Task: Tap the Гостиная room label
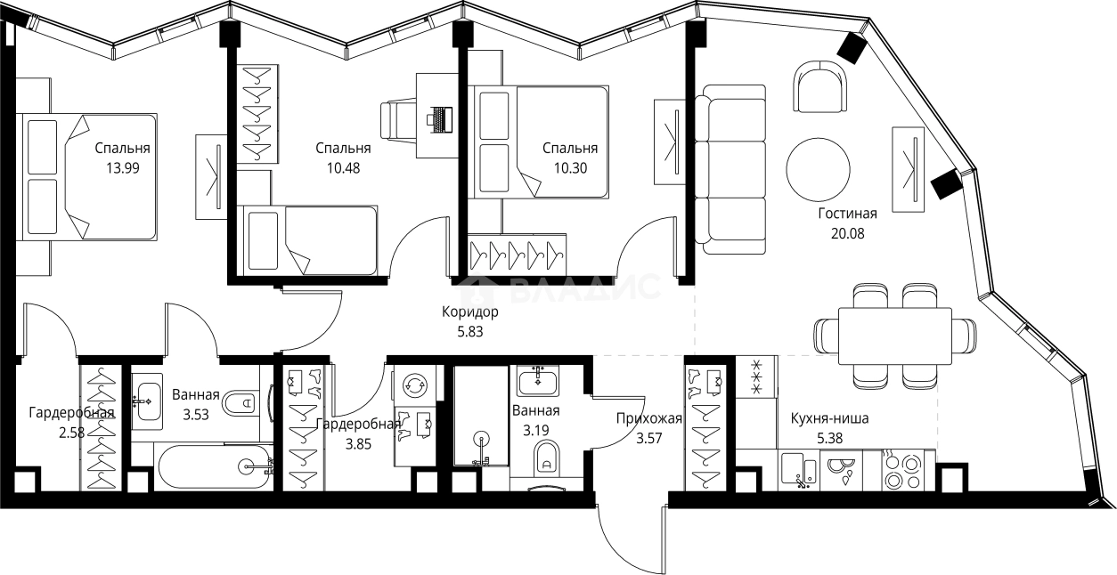(x=848, y=214)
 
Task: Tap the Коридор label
(x=469, y=312)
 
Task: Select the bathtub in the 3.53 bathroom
(x=214, y=466)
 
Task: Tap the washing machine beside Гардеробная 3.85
(x=414, y=385)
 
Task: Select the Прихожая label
(x=649, y=418)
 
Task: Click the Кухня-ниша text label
(x=829, y=418)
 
